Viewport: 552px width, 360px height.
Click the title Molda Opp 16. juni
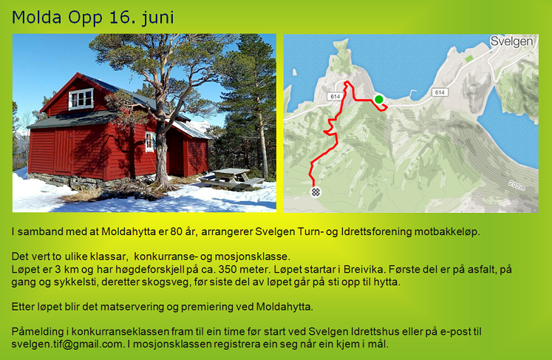pyautogui.click(x=93, y=18)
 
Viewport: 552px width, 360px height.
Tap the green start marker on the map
pyautogui.click(x=379, y=99)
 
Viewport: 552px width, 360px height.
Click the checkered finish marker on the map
pyautogui.click(x=316, y=192)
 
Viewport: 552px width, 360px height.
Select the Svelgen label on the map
pyautogui.click(x=511, y=41)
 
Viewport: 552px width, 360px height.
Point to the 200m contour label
pyautogui.click(x=517, y=186)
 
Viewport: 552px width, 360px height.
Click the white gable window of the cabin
pyautogui.click(x=81, y=98)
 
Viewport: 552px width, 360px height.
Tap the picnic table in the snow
pyautogui.click(x=231, y=179)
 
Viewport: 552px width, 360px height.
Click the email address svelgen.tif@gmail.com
pyautogui.click(x=67, y=344)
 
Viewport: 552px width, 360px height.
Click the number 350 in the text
pyautogui.click(x=228, y=270)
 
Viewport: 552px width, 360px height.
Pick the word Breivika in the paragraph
pyautogui.click(x=364, y=270)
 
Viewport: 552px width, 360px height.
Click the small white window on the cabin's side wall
pyautogui.click(x=150, y=142)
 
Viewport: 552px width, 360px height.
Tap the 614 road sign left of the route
pyautogui.click(x=335, y=96)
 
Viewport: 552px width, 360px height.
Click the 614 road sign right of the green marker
pyautogui.click(x=440, y=92)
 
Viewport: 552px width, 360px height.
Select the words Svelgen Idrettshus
pyautogui.click(x=354, y=332)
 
